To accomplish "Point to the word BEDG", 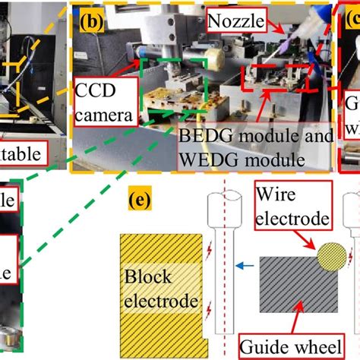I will pyautogui.click(x=204, y=137).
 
